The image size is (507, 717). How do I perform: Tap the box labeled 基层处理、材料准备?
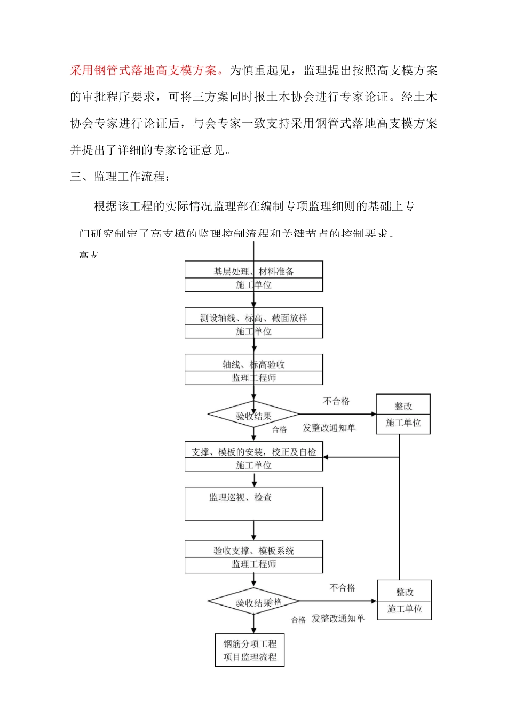click(253, 272)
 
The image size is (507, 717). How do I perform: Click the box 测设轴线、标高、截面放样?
click(253, 318)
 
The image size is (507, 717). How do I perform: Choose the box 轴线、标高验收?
click(253, 364)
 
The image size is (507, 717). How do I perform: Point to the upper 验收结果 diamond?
click(253, 415)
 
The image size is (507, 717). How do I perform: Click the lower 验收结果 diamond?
click(253, 602)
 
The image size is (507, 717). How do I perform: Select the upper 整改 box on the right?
click(403, 414)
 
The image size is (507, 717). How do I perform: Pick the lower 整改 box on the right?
click(404, 600)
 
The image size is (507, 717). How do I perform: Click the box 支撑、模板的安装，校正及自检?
click(253, 452)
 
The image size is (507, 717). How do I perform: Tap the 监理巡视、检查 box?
click(253, 503)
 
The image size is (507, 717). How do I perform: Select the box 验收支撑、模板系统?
click(253, 551)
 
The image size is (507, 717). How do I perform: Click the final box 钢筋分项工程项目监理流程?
click(250, 650)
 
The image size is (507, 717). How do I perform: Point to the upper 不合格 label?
click(336, 401)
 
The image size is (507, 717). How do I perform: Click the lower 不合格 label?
click(342, 588)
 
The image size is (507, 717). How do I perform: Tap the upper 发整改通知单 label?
click(329, 428)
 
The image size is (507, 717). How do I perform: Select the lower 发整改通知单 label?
click(338, 618)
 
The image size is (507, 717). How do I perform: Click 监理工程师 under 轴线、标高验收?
click(253, 378)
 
